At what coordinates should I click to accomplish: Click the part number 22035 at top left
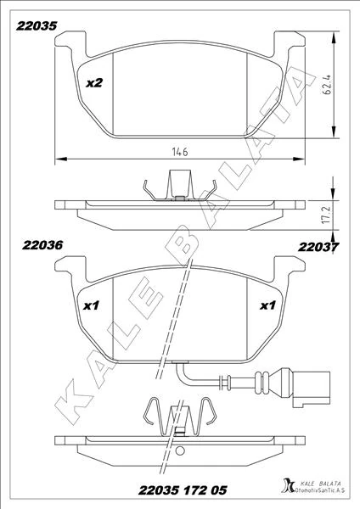click(x=37, y=26)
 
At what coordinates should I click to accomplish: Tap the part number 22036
click(x=42, y=245)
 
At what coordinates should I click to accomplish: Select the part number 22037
click(x=318, y=247)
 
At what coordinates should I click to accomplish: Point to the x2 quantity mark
click(x=94, y=83)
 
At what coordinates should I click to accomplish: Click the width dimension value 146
click(x=180, y=151)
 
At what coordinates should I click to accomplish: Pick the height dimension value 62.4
click(x=327, y=85)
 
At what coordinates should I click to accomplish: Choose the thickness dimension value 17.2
click(x=327, y=214)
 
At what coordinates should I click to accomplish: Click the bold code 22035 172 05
click(x=183, y=490)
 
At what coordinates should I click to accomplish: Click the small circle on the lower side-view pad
click(x=180, y=451)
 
